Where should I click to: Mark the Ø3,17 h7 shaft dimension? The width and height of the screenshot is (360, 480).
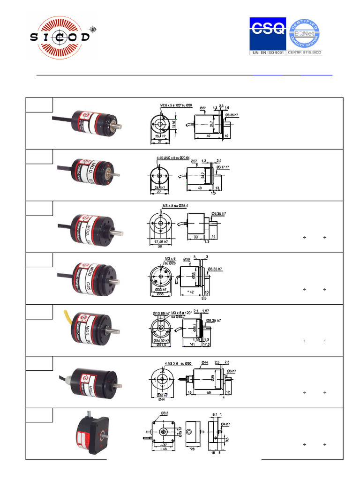[221, 167]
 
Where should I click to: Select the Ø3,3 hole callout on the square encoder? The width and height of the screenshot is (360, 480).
[165, 413]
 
